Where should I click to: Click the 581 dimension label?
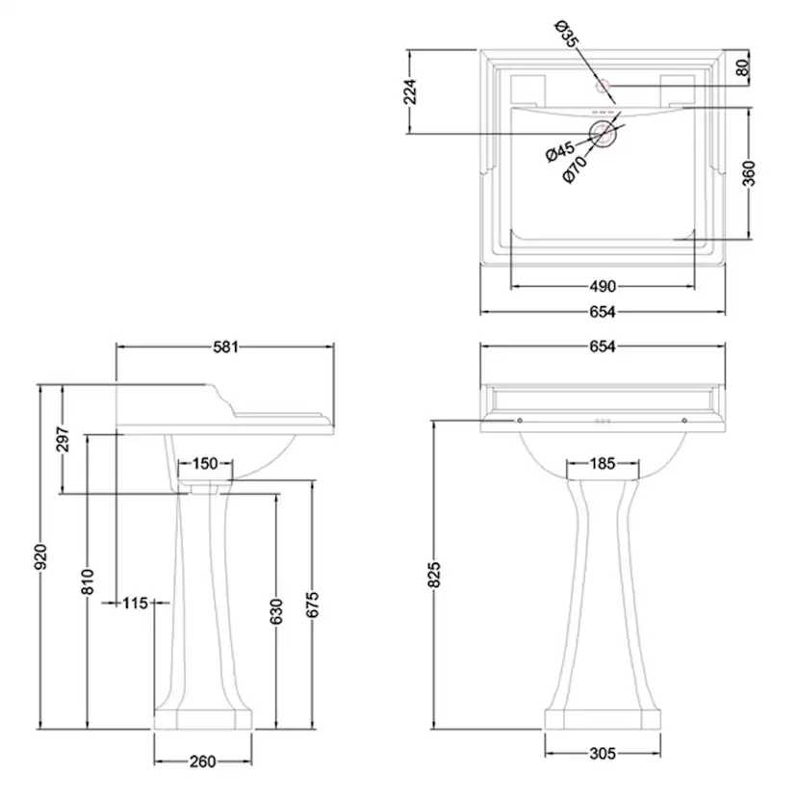pyautogui.click(x=225, y=347)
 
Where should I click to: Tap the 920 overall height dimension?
pyautogui.click(x=40, y=556)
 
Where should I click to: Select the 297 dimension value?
pyautogui.click(x=63, y=439)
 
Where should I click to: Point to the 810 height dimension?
pyautogui.click(x=88, y=582)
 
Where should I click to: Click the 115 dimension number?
pyautogui.click(x=135, y=603)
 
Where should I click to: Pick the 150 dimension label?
pyautogui.click(x=205, y=464)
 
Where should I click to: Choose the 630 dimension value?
pyautogui.click(x=276, y=611)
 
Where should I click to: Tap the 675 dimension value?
pyautogui.click(x=312, y=604)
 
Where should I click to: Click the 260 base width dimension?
pyautogui.click(x=203, y=761)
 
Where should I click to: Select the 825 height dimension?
pyautogui.click(x=433, y=575)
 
